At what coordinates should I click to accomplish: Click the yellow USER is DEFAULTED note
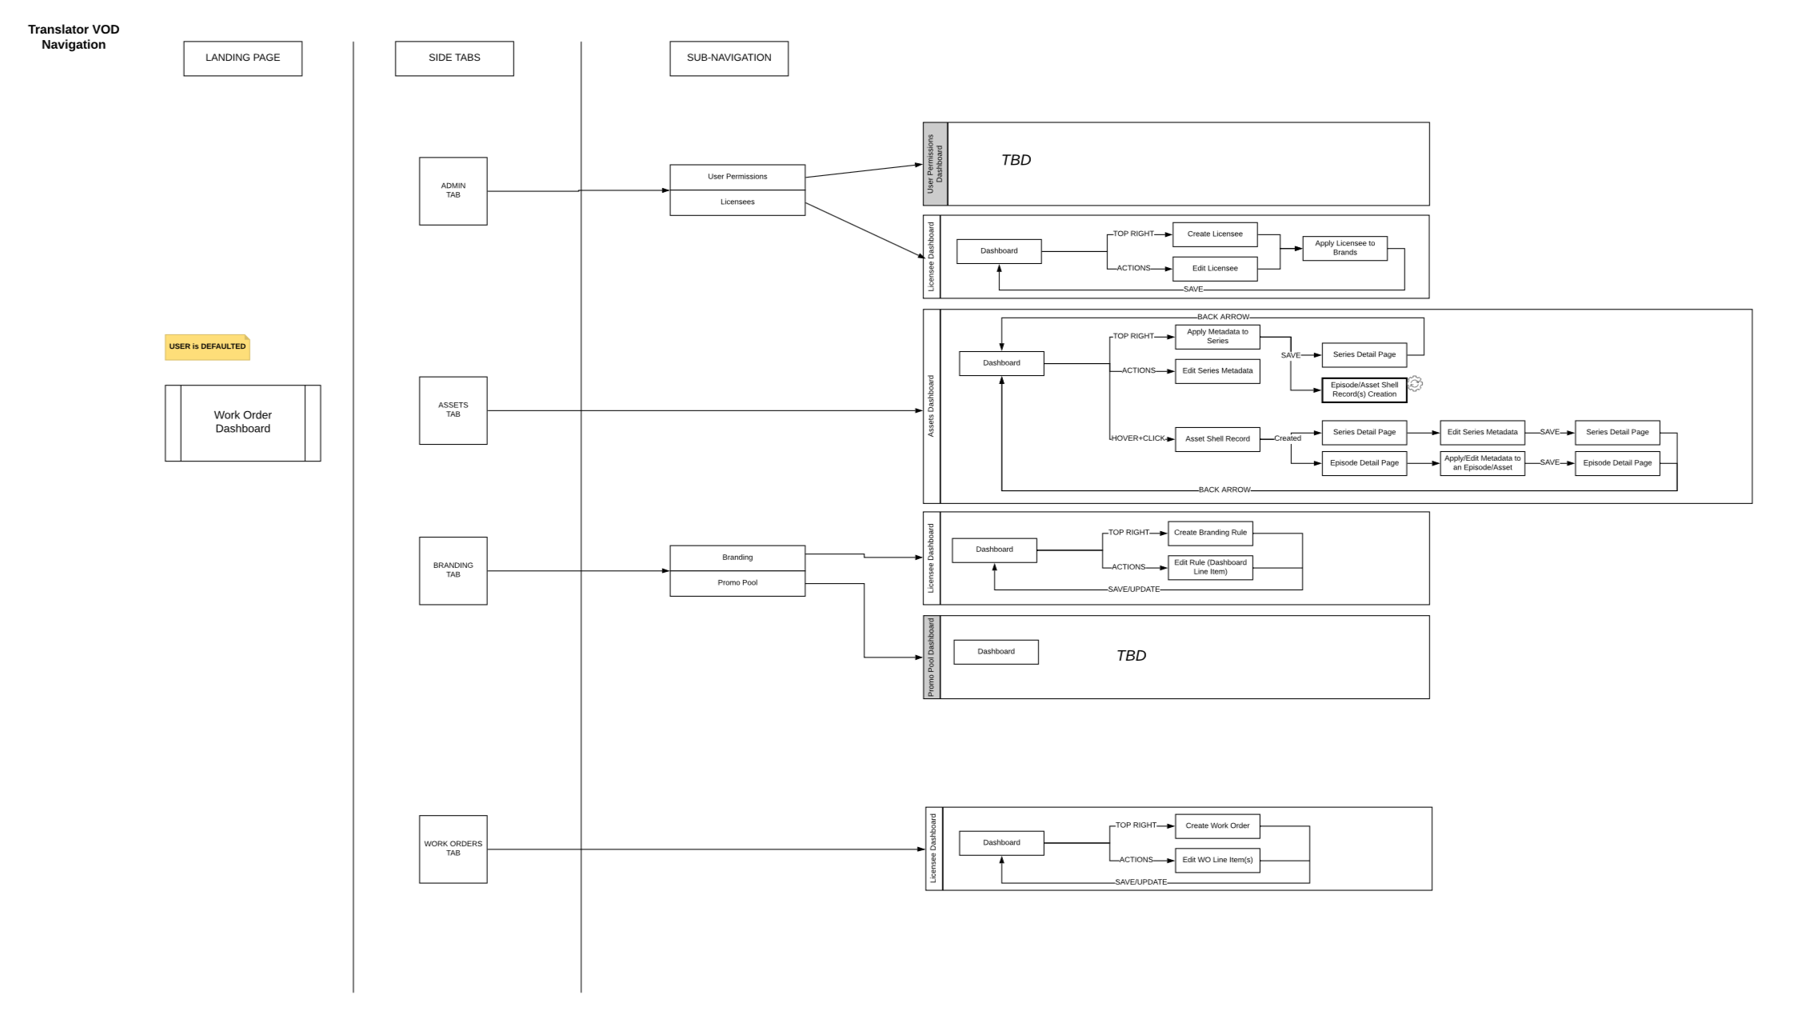tap(207, 347)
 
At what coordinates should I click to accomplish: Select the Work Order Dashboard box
tap(242, 422)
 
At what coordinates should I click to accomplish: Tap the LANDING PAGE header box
tap(242, 58)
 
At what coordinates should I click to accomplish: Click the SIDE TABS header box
tap(453, 58)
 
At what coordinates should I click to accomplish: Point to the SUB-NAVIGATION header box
tap(729, 58)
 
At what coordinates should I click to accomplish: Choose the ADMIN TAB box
tap(453, 190)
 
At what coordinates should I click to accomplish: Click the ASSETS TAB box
tap(453, 410)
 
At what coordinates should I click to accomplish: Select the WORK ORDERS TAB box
tap(453, 849)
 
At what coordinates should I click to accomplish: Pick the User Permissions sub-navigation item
tap(737, 177)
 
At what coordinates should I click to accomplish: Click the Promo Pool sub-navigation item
tap(737, 583)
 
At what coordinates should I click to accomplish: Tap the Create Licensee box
tap(1214, 234)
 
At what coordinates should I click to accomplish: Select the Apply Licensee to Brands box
tap(1344, 248)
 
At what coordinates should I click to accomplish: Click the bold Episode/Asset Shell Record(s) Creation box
tap(1364, 390)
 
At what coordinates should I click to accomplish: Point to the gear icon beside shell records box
tap(1415, 384)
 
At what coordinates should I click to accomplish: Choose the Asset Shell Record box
tap(1217, 439)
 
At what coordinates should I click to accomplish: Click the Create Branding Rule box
tap(1209, 533)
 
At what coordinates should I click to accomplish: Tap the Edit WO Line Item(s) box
tap(1217, 860)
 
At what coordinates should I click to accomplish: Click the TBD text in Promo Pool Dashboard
tap(1130, 656)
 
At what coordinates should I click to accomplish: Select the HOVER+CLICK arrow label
tap(1137, 438)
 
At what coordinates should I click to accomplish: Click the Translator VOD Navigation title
tap(74, 37)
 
